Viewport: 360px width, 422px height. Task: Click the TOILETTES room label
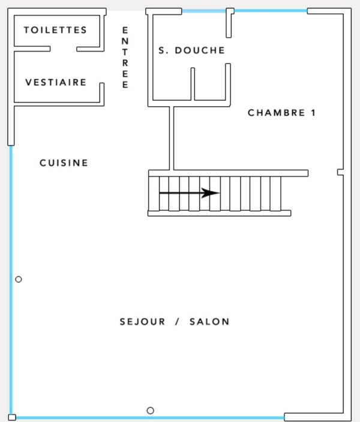pyautogui.click(x=55, y=30)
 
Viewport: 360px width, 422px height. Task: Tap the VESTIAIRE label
pyautogui.click(x=56, y=82)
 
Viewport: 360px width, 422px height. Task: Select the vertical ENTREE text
pyautogui.click(x=125, y=58)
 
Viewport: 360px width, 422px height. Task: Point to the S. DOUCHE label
pyautogui.click(x=191, y=50)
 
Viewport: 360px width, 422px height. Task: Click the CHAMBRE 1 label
pyautogui.click(x=281, y=113)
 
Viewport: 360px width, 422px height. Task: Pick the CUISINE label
pyautogui.click(x=64, y=163)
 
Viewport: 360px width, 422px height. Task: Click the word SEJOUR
pyautogui.click(x=142, y=322)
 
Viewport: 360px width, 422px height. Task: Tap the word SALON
pyautogui.click(x=209, y=322)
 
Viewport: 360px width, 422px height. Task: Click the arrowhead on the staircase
pyautogui.click(x=211, y=192)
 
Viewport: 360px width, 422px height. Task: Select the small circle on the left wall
pyautogui.click(x=19, y=279)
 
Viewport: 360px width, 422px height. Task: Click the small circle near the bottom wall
pyautogui.click(x=151, y=411)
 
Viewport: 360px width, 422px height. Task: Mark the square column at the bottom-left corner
pyautogui.click(x=12, y=417)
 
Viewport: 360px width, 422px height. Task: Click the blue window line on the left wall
pyautogui.click(x=11, y=280)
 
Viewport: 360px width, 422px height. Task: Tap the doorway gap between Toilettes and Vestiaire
pyautogui.click(x=64, y=49)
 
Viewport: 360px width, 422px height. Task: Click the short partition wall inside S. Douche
pyautogui.click(x=193, y=84)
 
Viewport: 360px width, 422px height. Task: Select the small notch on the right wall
pyautogui.click(x=340, y=172)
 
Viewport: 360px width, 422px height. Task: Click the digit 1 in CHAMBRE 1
pyautogui.click(x=313, y=113)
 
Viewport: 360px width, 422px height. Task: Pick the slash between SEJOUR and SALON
pyautogui.click(x=177, y=322)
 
